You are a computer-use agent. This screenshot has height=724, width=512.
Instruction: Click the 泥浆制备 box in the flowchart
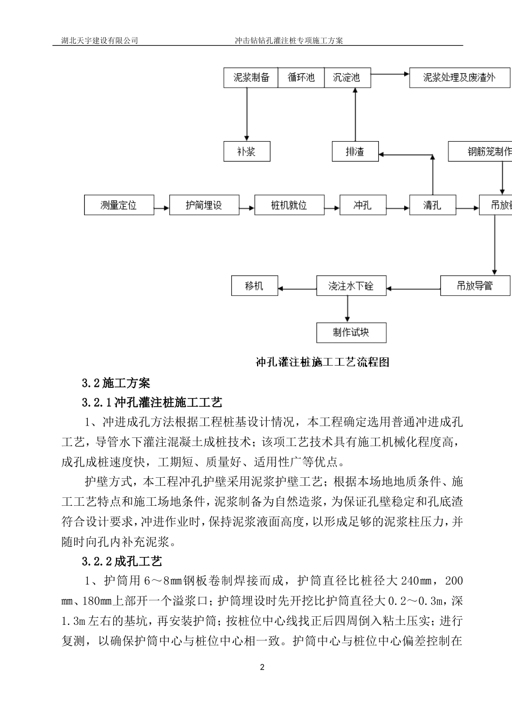pos(251,78)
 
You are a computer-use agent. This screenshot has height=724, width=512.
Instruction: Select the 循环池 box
pos(301,78)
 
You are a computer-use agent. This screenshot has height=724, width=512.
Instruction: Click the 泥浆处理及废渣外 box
pos(460,78)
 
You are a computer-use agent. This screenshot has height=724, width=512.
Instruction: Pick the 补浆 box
pos(246,151)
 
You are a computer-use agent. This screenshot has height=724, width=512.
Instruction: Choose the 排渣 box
pos(355,151)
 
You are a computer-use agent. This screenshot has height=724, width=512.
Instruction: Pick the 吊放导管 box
pos(475,286)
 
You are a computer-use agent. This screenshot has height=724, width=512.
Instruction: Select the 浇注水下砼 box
pos(351,286)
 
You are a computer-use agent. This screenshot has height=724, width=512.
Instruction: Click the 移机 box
pos(254,286)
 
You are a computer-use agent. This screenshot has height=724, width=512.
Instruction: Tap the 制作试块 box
pos(351,332)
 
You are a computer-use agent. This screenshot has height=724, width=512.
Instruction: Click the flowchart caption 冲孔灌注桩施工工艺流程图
pos(322,362)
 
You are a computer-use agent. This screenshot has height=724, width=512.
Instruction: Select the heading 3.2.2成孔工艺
pos(122,561)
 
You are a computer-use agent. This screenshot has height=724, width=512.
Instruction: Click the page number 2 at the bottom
pos(262,668)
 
